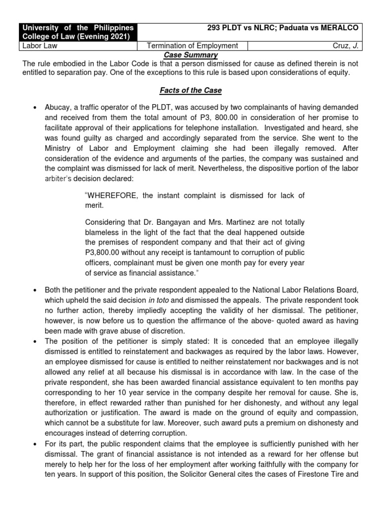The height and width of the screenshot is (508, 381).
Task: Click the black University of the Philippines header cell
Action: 77,31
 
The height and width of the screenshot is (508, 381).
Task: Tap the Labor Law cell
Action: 38,46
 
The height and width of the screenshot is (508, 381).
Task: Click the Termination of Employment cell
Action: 192,46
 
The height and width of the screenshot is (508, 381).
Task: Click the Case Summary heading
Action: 190,55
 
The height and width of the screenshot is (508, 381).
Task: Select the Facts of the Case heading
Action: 190,91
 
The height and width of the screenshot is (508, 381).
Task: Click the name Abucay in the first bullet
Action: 58,108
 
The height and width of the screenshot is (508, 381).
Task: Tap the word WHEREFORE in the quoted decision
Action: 114,195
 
